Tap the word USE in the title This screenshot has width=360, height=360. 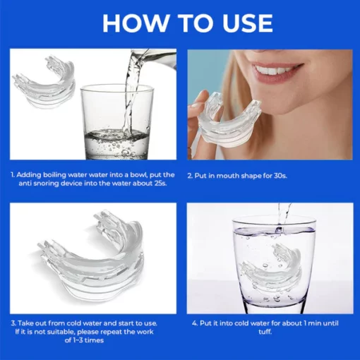(x=247, y=23)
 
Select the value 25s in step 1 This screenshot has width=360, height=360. (x=160, y=184)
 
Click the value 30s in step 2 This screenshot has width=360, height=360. (x=280, y=176)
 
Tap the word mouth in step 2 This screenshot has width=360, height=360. (x=227, y=176)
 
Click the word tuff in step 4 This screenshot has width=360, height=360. (x=265, y=332)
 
